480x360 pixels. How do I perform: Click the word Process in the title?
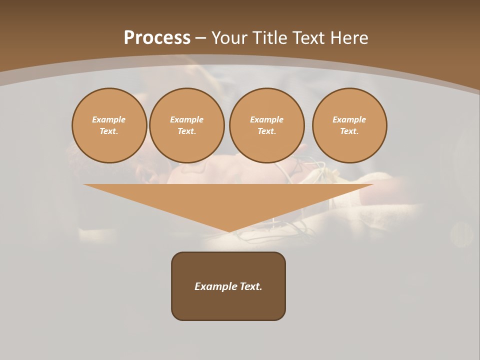(x=157, y=37)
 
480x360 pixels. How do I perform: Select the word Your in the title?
(x=230, y=37)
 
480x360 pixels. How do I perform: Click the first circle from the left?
(x=109, y=125)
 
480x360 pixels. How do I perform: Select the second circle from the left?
(x=186, y=125)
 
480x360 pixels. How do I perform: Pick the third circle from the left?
(x=266, y=125)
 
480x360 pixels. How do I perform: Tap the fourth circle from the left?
(x=349, y=125)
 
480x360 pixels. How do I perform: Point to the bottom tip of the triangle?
(x=229, y=231)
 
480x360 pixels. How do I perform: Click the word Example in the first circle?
(x=109, y=119)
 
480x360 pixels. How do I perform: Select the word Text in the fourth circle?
(x=349, y=131)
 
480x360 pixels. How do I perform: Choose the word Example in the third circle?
(x=266, y=119)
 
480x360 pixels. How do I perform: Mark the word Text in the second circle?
(x=186, y=131)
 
